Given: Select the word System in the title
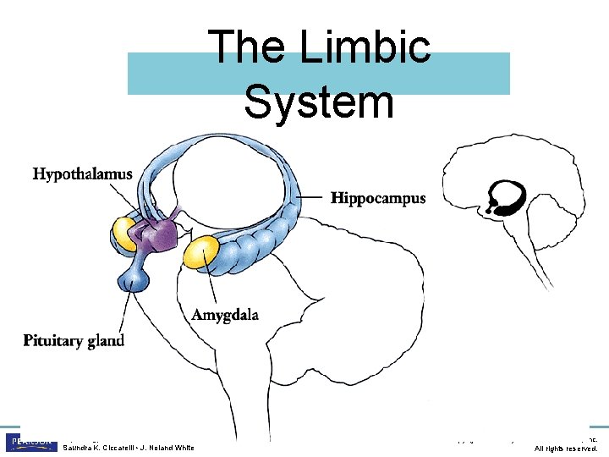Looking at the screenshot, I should click(319, 102).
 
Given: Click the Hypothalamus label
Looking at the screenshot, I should click(82, 174).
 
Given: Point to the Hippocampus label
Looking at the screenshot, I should click(378, 199).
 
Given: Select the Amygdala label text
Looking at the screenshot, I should click(225, 315).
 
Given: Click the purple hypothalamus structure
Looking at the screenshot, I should click(157, 233).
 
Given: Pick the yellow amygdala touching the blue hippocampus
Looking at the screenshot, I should click(203, 252).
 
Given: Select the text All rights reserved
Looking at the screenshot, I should click(566, 448).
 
